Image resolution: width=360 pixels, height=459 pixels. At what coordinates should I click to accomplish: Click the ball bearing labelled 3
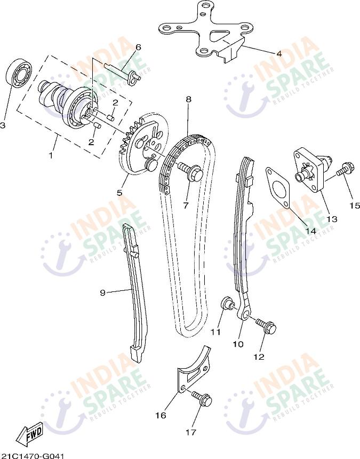pos(19,73)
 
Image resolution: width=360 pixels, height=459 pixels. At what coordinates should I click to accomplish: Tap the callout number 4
pos(279,54)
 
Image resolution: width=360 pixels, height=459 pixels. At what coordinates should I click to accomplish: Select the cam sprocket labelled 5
pos(143,144)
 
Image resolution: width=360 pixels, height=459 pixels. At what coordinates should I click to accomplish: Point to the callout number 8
pos(188,99)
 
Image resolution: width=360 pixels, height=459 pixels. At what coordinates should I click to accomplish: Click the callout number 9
pos(102,292)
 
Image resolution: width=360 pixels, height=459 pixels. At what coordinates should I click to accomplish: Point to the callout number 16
pos(161,415)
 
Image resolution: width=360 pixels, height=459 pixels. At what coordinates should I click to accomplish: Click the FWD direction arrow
pos(30,433)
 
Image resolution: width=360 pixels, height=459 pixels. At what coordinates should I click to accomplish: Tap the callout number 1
pos(51,155)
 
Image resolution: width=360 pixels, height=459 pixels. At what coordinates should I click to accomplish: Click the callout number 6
pos(138,47)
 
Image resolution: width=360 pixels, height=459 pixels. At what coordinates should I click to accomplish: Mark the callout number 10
pos(238,344)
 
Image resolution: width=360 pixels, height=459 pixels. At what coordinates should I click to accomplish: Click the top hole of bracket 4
pos(207,5)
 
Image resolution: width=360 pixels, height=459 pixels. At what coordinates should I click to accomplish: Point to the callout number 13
pos(332,219)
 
